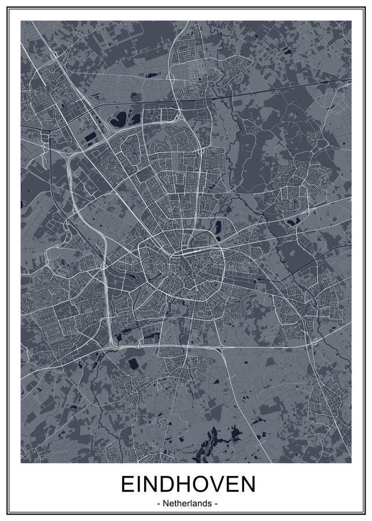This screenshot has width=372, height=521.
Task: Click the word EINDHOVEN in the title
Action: click(x=187, y=485)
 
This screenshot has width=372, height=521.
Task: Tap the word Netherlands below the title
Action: click(x=187, y=504)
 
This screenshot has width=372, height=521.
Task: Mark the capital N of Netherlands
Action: click(x=166, y=504)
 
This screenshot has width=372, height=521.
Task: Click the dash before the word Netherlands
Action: click(x=159, y=504)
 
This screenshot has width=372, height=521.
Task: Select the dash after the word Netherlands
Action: click(x=216, y=504)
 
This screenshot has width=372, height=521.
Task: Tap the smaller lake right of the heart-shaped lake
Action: click(x=135, y=118)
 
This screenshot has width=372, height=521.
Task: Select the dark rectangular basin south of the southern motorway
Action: click(x=133, y=364)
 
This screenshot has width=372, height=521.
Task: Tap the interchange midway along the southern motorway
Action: click(x=222, y=347)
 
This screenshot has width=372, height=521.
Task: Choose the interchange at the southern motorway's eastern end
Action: click(x=313, y=342)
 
